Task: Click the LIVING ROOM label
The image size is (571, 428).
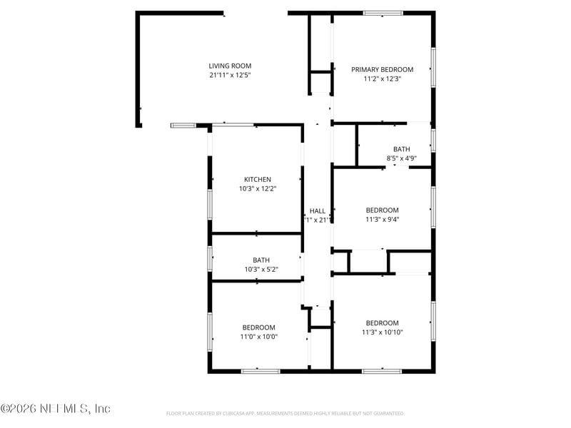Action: pos(230,66)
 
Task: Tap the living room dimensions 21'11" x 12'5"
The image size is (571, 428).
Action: pos(230,75)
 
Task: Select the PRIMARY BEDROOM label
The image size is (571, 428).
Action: pos(382,70)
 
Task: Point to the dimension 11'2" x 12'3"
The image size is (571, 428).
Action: pos(382,79)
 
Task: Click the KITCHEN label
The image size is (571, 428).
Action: pos(257,180)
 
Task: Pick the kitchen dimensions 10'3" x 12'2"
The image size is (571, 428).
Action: pos(257,189)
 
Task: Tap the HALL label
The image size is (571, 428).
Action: pos(318,211)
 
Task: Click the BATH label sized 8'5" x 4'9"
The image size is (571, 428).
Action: pos(401,149)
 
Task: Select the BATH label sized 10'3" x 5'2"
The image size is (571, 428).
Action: pos(261,260)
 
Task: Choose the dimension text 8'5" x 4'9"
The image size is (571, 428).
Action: pos(401,158)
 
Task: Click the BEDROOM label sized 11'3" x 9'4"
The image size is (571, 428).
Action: pos(382,210)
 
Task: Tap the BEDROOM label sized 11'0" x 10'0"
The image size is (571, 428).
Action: pos(258,327)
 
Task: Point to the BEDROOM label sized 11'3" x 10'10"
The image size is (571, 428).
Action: pos(382,322)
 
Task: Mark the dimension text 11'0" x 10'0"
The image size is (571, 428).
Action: pos(258,337)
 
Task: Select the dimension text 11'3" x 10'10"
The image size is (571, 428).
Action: pos(382,332)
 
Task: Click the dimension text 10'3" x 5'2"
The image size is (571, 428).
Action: pos(261,270)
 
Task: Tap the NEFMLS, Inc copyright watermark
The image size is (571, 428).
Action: pos(56,409)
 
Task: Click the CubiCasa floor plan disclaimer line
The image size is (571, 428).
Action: pos(285,414)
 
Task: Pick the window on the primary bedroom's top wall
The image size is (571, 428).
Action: pos(383,13)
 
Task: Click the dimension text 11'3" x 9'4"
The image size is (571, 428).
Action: pos(382,220)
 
